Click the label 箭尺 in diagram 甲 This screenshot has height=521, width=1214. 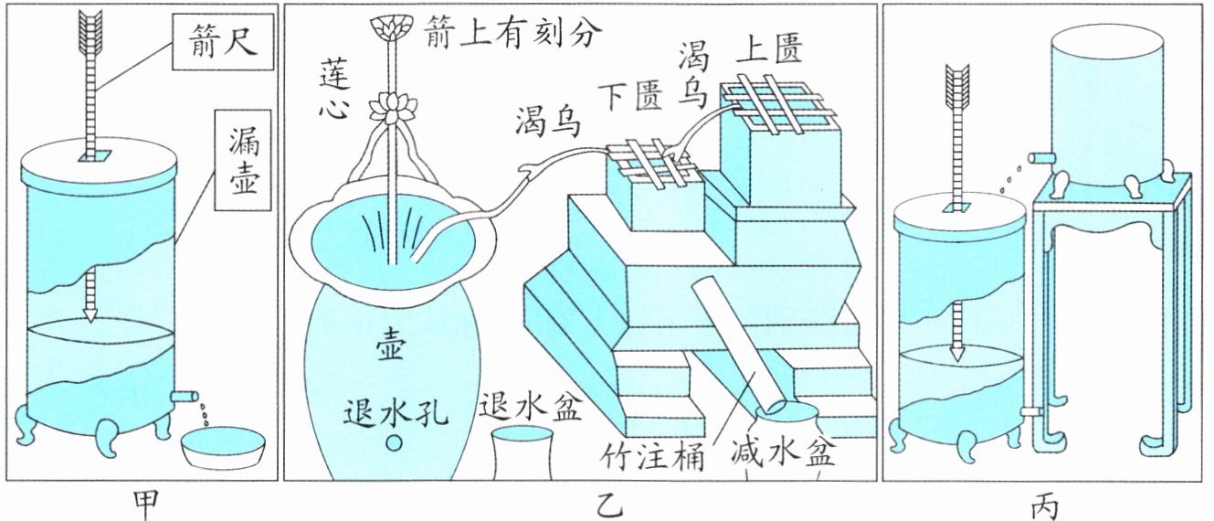pos(224,43)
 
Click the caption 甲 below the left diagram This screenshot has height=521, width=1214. pos(145,503)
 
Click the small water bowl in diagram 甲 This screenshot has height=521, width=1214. pos(223,447)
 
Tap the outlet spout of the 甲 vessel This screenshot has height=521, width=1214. pos(185,396)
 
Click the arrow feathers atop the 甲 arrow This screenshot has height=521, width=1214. pos(92,30)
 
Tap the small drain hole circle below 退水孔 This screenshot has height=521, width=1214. pos(395,444)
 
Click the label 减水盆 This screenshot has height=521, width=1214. pos(783,454)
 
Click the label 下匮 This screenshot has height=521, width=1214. pos(630,94)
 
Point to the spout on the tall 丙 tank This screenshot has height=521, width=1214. pos(1039,158)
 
